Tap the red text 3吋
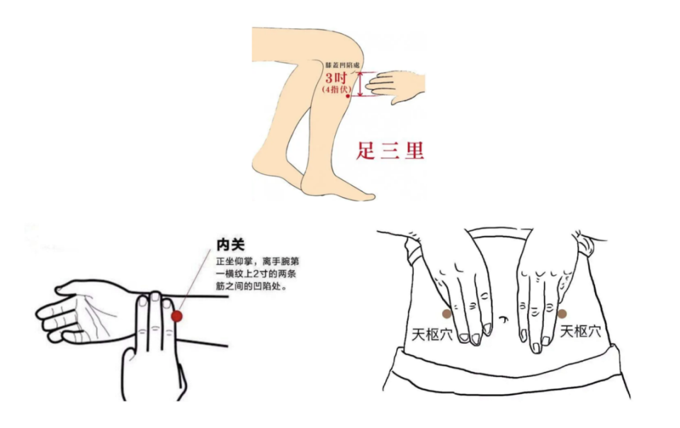(x=336, y=78)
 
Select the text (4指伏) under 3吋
(x=336, y=90)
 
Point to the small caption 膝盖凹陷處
(x=342, y=65)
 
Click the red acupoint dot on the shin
(x=348, y=96)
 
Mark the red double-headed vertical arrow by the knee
(x=361, y=84)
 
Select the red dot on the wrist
(x=177, y=316)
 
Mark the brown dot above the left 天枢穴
(x=446, y=313)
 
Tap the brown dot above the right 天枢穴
(x=562, y=313)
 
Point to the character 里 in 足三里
(x=414, y=151)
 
